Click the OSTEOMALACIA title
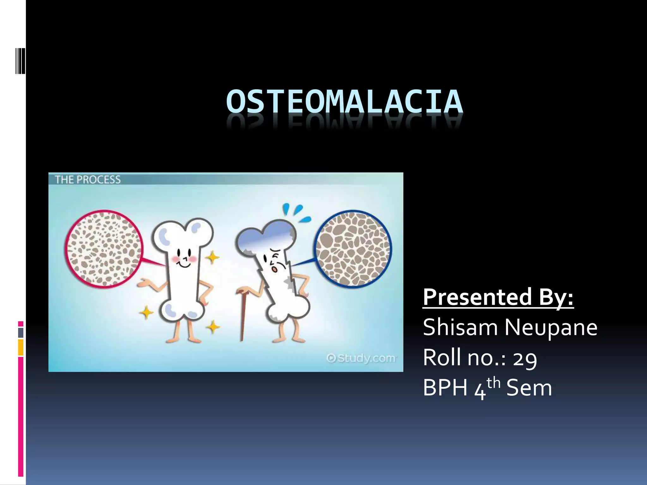pos(344,102)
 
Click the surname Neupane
pos(551,328)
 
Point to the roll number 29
pos(525,359)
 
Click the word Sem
pos(529,388)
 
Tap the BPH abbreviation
pos(445,388)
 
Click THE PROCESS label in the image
pos(88,180)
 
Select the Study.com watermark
pos(361,358)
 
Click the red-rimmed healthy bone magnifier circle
pos(103,249)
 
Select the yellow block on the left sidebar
pos(21,347)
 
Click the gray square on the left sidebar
pos(21,332)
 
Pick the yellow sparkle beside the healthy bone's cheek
pos(213,257)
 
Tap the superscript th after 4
pos(493,383)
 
